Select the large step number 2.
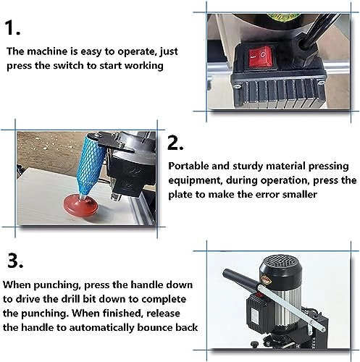coord(176,140)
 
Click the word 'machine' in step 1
coord(48,51)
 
